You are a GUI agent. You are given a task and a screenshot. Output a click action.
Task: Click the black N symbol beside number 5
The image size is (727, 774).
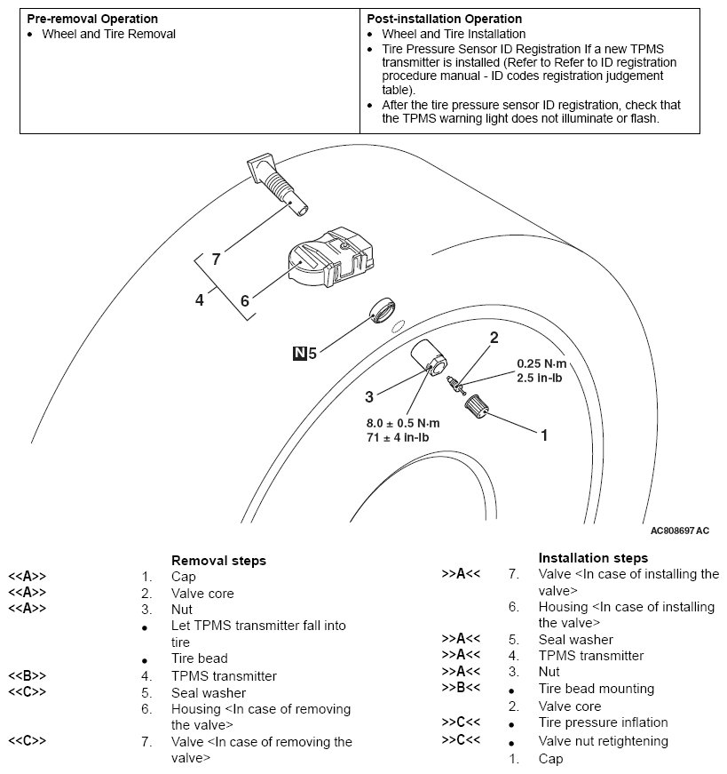(x=299, y=353)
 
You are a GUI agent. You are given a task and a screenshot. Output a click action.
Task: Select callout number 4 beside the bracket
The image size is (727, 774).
(x=200, y=299)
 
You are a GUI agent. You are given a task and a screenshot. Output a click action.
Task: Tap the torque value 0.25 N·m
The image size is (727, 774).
(x=541, y=364)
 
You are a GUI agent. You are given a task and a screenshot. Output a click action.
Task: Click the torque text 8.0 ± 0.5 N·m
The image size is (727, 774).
(x=403, y=423)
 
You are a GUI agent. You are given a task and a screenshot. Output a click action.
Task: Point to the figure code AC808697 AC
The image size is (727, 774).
(x=680, y=531)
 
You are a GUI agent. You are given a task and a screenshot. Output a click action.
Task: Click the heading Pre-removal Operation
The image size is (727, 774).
(x=92, y=19)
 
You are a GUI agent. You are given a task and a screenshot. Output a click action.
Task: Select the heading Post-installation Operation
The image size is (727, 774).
(x=444, y=19)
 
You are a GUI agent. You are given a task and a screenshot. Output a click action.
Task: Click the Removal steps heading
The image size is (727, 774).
(x=218, y=561)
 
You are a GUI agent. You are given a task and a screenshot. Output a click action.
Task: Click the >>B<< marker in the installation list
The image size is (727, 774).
(x=461, y=689)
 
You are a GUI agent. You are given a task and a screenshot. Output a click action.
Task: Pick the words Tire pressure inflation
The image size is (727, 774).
(x=603, y=722)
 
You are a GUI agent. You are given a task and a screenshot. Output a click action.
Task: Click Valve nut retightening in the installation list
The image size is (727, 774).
(x=604, y=741)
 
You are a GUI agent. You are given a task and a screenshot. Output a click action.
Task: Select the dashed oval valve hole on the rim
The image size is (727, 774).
(x=398, y=324)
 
